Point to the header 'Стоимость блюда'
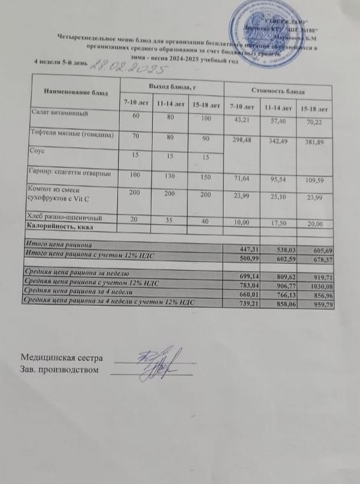pos(277,91)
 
